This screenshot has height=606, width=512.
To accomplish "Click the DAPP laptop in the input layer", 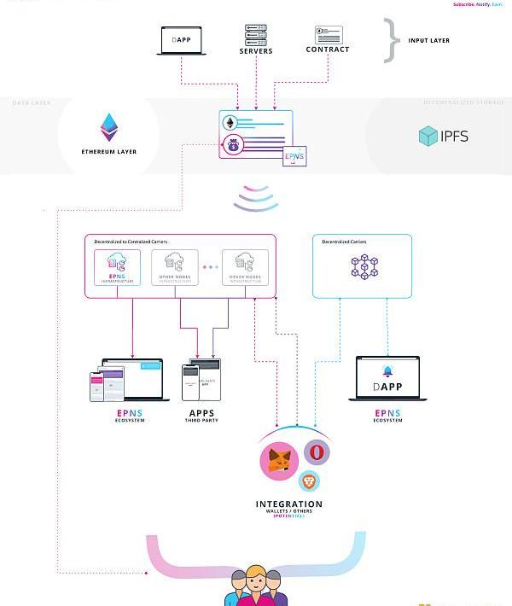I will [x=181, y=41].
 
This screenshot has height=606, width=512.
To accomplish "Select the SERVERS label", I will [x=256, y=51].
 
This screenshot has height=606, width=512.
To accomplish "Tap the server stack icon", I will [x=256, y=35].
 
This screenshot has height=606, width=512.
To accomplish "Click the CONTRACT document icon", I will [x=329, y=35].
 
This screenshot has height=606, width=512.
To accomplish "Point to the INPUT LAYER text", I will [x=428, y=41].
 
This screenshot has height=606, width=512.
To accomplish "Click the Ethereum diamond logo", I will [x=109, y=127].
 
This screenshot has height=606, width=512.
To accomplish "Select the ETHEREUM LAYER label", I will [x=109, y=152].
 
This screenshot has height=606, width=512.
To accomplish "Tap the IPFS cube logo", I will [x=428, y=136].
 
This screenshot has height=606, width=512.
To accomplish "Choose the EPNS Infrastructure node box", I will [x=118, y=268].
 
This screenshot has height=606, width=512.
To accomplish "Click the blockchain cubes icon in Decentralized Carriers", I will [x=364, y=267].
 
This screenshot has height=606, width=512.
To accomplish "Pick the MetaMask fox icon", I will [x=278, y=461].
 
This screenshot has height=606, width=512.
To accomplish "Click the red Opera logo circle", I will [x=316, y=452].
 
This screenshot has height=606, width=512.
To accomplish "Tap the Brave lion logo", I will [x=309, y=480].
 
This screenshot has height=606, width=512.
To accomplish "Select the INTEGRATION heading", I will [x=289, y=504].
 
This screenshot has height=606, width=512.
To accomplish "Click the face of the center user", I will [x=255, y=580].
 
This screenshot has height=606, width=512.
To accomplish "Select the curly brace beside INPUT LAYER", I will [x=391, y=40].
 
